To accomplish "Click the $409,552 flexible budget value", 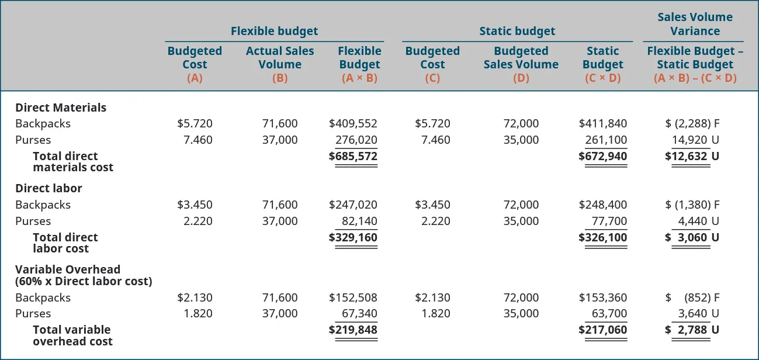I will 353,123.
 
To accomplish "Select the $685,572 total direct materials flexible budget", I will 353,156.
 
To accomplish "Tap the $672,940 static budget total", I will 602,156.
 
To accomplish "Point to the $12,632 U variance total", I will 692,156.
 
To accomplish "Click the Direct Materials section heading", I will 61,108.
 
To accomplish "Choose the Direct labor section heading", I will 48,188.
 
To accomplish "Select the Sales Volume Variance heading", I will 695,24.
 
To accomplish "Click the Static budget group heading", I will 517,31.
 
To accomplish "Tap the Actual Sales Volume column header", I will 280,58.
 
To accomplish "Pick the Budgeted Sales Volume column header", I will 521,58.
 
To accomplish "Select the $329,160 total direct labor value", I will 353,237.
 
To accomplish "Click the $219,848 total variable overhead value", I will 353,330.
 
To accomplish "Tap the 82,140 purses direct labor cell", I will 359,221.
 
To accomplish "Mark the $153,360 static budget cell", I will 602,297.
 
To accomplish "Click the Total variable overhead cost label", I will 72,335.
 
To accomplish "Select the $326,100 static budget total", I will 602,237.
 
